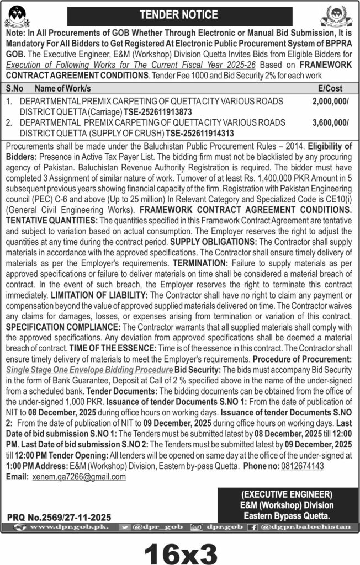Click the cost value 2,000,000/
coord(330,101)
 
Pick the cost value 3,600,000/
coord(330,123)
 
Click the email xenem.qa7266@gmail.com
coord(79,476)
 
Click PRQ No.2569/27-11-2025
coord(60,517)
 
